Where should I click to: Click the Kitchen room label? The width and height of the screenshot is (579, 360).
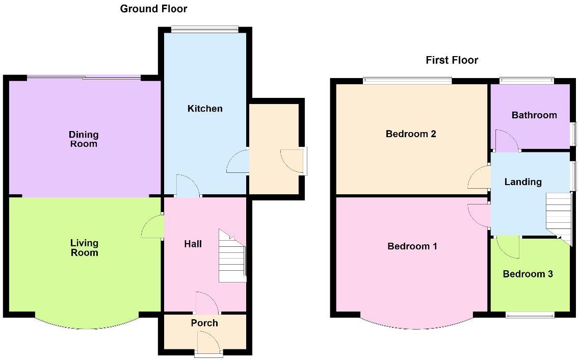pyautogui.click(x=205, y=109)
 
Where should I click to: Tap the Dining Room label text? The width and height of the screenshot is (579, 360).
pyautogui.click(x=84, y=139)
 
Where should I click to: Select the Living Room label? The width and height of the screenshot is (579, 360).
pyautogui.click(x=84, y=248)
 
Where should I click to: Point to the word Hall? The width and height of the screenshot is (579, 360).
pyautogui.click(x=193, y=244)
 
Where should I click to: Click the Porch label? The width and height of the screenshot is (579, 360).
pyautogui.click(x=204, y=323)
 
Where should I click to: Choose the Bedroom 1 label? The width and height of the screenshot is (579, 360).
pyautogui.click(x=412, y=246)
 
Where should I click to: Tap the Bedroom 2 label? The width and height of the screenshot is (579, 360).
pyautogui.click(x=411, y=134)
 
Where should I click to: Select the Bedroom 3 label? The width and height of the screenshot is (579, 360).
pyautogui.click(x=528, y=274)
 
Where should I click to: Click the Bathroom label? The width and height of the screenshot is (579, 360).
pyautogui.click(x=534, y=115)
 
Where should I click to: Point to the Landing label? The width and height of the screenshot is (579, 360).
pyautogui.click(x=523, y=182)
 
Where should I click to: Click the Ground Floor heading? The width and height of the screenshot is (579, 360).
pyautogui.click(x=153, y=9)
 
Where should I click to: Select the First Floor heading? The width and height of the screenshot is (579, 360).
pyautogui.click(x=452, y=60)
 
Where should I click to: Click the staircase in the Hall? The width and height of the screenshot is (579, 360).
pyautogui.click(x=232, y=256)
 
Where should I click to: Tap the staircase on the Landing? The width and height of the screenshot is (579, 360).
pyautogui.click(x=559, y=214)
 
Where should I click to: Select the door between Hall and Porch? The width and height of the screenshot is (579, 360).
pyautogui.click(x=206, y=303)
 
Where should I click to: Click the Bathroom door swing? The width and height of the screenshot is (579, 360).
pyautogui.click(x=507, y=141)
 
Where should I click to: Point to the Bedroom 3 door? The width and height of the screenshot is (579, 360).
pyautogui.click(x=507, y=247)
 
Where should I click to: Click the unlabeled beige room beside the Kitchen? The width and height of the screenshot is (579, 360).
pyautogui.click(x=274, y=148)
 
